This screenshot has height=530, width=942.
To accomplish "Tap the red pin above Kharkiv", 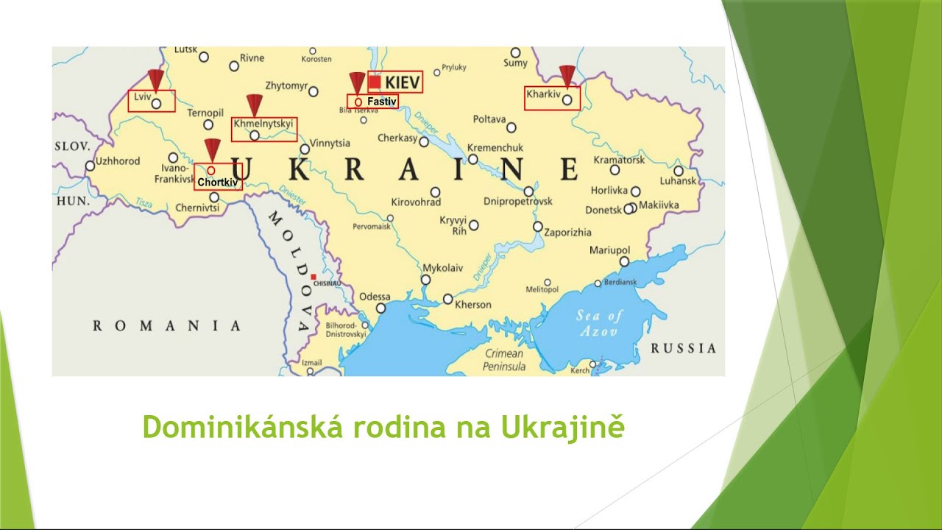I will (x=567, y=75).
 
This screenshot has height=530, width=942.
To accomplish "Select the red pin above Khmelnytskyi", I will (x=255, y=104).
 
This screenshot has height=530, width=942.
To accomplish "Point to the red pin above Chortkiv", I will (x=212, y=148).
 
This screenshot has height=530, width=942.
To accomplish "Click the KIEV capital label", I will (x=403, y=82).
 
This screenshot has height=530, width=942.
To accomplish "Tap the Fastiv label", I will (x=381, y=101).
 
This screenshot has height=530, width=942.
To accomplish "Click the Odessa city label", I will (x=375, y=297).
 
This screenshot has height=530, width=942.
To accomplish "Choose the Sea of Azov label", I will (x=599, y=323).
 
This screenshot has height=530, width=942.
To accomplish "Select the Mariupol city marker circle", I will (x=624, y=261).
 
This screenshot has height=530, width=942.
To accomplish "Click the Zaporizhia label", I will (x=567, y=233).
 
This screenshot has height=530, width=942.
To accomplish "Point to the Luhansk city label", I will (x=678, y=181).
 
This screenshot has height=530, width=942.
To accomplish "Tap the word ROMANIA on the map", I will (x=166, y=325).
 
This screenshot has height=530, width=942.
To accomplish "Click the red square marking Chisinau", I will (x=314, y=277).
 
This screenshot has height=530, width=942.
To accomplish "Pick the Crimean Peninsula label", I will (x=504, y=360).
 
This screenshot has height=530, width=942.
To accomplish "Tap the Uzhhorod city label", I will (x=118, y=161).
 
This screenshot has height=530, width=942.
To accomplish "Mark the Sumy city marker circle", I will (x=516, y=52).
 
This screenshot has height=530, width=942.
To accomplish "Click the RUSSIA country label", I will (x=683, y=348).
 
